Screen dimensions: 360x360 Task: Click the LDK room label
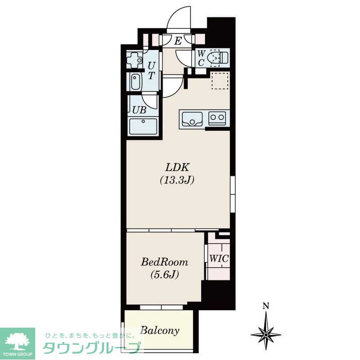[x=177, y=167]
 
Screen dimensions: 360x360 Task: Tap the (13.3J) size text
[x=177, y=180]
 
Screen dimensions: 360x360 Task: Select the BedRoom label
[x=164, y=262]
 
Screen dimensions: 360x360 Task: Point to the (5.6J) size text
[x=164, y=274]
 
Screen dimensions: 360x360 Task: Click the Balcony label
[x=160, y=331]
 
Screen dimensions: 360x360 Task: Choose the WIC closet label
[x=219, y=259]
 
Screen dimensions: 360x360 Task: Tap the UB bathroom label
[x=139, y=110]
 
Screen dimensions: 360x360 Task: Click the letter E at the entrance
[x=178, y=41]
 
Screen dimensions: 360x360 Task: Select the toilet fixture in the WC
[x=217, y=58]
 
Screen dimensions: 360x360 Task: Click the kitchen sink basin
[x=192, y=119]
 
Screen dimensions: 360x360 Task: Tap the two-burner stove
[x=217, y=118]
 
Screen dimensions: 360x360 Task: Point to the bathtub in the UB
[x=143, y=126]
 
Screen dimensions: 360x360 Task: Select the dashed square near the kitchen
[x=220, y=81]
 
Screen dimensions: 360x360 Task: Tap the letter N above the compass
[x=266, y=306]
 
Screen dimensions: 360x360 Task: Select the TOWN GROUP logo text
[x=18, y=354]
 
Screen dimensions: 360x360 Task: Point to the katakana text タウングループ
[x=91, y=348]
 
